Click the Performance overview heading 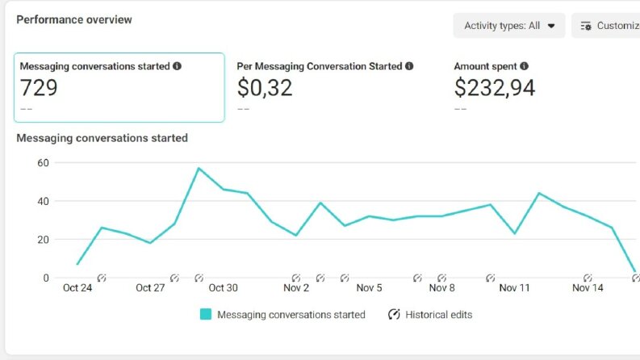(74, 19)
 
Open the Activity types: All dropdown (509, 26)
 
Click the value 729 (39, 88)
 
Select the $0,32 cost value (265, 88)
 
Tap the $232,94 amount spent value (494, 88)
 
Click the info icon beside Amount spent (524, 66)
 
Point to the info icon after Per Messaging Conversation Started (409, 66)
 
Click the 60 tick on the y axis (43, 163)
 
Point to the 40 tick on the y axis (43, 201)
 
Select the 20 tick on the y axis (43, 240)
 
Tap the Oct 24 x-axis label (77, 287)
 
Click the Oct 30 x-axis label (223, 287)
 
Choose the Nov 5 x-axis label (369, 287)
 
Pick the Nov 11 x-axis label (514, 287)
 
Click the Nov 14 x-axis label (588, 287)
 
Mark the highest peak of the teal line (199, 168)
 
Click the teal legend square (206, 314)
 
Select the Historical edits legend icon (394, 314)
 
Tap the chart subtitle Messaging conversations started (102, 138)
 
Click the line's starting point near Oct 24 (77, 264)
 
